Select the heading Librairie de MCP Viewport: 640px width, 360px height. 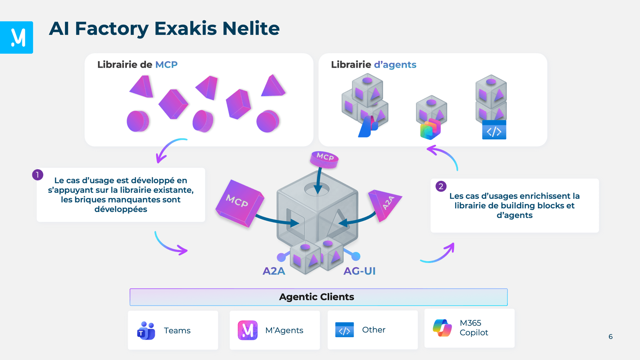click(137, 65)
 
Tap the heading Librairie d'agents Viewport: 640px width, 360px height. click(373, 65)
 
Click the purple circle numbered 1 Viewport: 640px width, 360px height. click(38, 175)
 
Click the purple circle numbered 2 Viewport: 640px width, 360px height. click(441, 186)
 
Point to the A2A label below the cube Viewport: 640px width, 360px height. click(274, 271)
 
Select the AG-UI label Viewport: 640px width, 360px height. click(359, 271)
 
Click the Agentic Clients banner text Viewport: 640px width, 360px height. click(316, 297)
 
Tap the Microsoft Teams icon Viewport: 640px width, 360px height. click(146, 331)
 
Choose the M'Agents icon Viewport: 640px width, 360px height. click(248, 330)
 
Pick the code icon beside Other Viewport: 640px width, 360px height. click(344, 330)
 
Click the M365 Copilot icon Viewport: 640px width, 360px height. click(442, 328)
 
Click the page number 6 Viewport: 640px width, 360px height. click(610, 337)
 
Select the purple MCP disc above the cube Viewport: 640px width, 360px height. click(324, 159)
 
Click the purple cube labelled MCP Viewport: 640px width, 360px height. click(239, 203)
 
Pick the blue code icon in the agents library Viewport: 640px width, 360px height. click(494, 130)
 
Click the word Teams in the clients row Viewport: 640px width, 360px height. click(177, 331)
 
